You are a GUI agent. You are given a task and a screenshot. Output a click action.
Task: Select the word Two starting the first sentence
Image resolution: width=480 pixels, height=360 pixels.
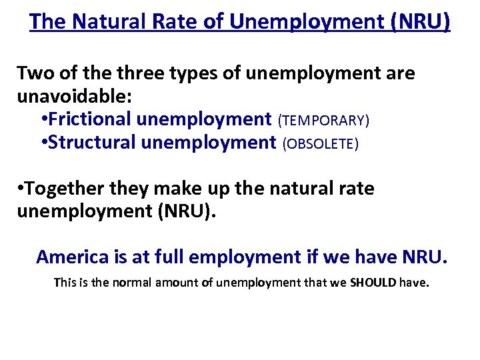[34, 73]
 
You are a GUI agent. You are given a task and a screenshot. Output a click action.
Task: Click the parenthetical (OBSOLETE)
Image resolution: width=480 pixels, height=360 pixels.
[321, 143]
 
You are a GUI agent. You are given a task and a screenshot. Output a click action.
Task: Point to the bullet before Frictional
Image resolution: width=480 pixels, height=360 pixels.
[43, 119]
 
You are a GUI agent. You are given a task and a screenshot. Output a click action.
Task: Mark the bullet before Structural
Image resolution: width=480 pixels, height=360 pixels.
[43, 142]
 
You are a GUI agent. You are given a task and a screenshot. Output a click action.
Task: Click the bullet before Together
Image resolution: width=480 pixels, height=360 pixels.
[21, 189]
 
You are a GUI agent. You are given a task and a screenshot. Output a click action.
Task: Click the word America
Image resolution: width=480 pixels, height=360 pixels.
[71, 257]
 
